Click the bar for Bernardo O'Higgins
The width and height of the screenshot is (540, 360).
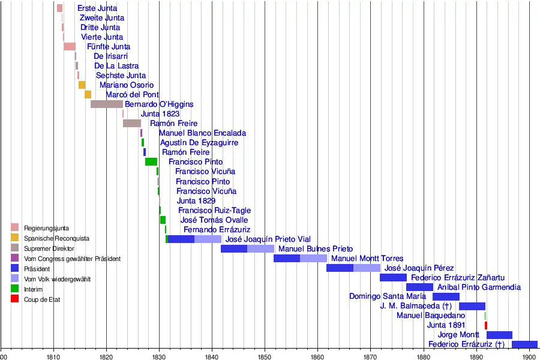tap(107, 104)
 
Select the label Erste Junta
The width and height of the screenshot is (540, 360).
tap(97, 8)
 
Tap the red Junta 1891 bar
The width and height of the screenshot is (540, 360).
tap(486, 325)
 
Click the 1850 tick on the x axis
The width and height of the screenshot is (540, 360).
tap(265, 347)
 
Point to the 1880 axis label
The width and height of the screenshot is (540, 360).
tap(423, 355)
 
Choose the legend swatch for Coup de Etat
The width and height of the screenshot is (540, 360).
tap(15, 299)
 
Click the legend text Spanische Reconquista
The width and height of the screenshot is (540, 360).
tap(56, 238)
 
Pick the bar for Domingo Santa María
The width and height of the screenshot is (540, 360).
tap(446, 296)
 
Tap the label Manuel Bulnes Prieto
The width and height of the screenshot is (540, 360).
tap(316, 248)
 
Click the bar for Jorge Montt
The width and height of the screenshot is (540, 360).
tap(499, 335)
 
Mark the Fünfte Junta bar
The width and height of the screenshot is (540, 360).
tap(70, 47)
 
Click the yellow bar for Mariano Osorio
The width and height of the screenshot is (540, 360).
tap(82, 85)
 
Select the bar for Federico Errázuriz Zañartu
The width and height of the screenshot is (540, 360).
tap(393, 277)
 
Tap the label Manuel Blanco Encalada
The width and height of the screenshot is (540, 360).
tap(202, 133)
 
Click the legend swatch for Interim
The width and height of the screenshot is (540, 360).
tap(15, 289)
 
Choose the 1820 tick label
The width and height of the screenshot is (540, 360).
tap(106, 355)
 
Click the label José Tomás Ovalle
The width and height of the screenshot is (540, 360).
tap(214, 220)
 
